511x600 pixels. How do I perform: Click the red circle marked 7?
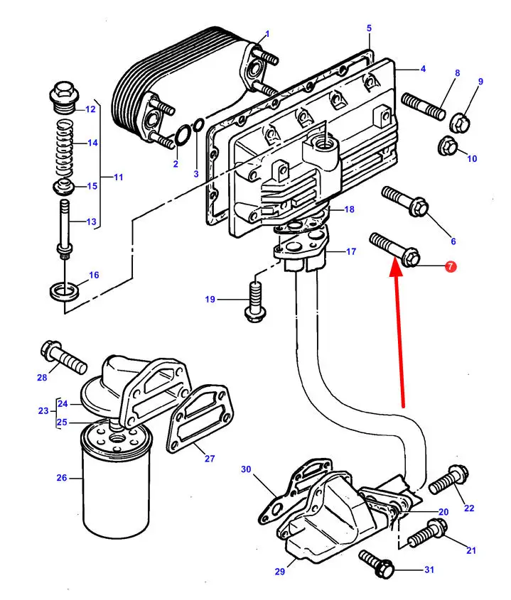[x=451, y=267]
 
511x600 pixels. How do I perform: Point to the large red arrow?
[x=399, y=334]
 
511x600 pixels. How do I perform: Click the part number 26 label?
[x=62, y=478]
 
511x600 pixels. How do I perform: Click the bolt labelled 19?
[x=254, y=302]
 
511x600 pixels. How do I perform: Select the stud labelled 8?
[x=424, y=107]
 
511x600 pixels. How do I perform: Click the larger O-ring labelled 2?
[x=183, y=136]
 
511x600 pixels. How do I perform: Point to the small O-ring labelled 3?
[x=198, y=125]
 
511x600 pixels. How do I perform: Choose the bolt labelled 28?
[x=63, y=356]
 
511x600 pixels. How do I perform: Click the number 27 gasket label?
[x=210, y=458]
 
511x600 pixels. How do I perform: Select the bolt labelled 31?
[x=377, y=564]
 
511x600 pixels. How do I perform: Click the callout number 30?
[x=246, y=469]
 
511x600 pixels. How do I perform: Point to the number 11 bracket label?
[x=119, y=178]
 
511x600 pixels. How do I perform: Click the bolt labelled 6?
[x=405, y=201]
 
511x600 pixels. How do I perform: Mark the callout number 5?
[x=369, y=28]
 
